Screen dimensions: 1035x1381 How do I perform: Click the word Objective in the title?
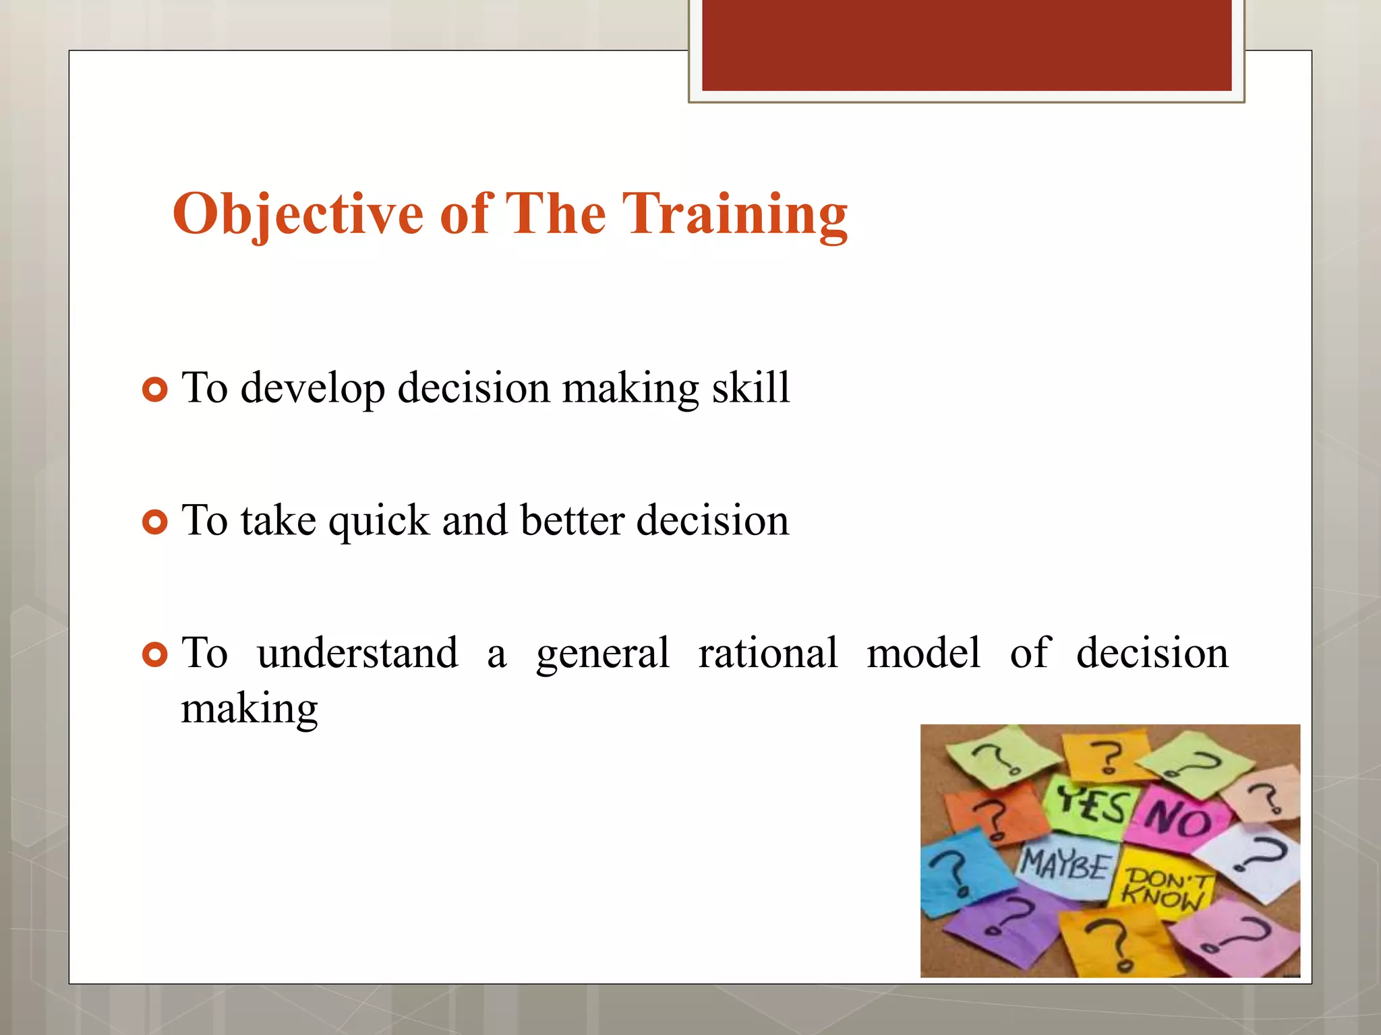(x=297, y=214)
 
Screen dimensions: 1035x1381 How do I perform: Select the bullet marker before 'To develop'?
(x=155, y=389)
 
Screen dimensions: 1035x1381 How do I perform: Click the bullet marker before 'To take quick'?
(x=155, y=522)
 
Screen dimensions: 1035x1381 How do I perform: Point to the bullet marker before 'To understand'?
(x=155, y=654)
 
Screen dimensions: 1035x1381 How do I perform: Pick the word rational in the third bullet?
(x=767, y=653)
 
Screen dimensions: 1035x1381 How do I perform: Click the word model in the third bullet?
(x=923, y=653)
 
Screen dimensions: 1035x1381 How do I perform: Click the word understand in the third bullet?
(x=357, y=653)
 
